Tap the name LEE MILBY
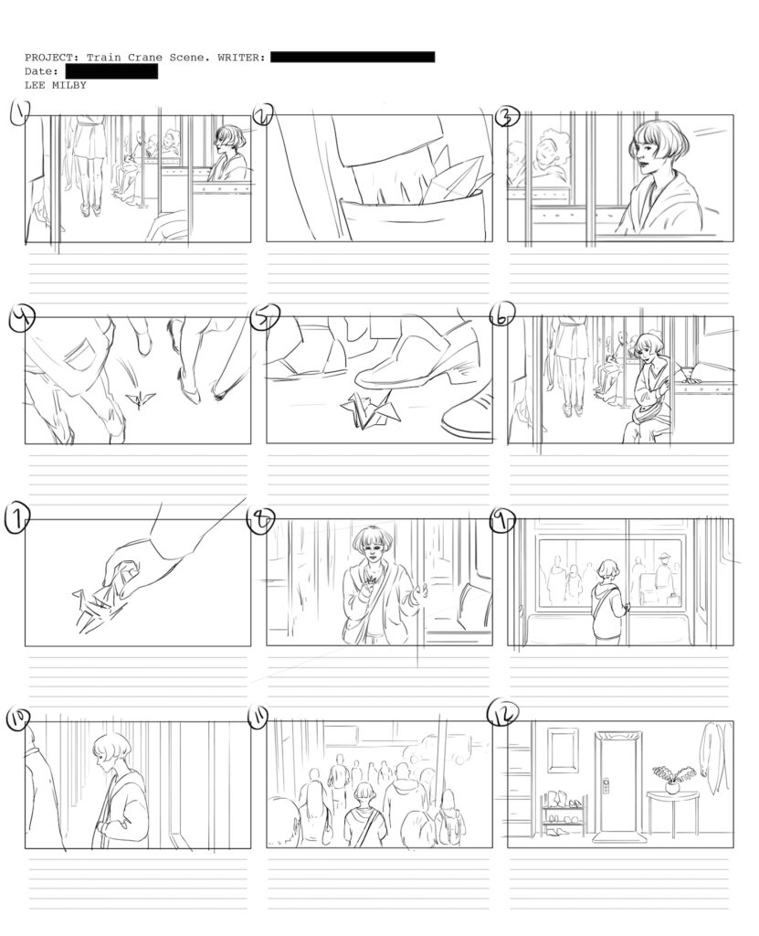[56, 85]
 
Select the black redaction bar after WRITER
[353, 57]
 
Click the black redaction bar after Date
[111, 71]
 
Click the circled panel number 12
[502, 713]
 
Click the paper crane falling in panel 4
[141, 400]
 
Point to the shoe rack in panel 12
[564, 814]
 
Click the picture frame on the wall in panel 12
[563, 750]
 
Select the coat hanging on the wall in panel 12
[712, 753]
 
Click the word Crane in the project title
[146, 58]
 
